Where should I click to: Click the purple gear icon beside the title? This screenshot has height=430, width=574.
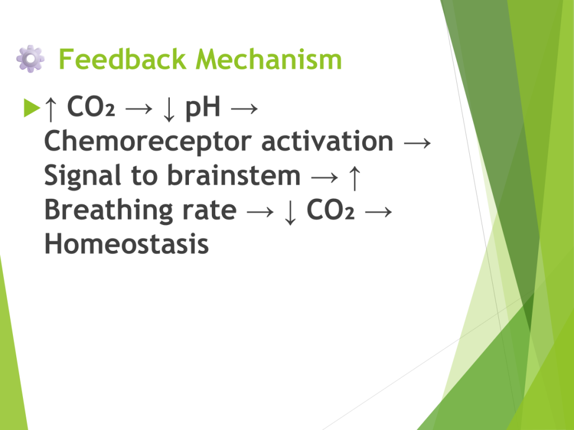[30, 58]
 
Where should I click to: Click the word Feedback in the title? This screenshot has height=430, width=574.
[122, 59]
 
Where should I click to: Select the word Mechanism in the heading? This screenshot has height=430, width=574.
[269, 59]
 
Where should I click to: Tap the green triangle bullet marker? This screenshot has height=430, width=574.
[31, 107]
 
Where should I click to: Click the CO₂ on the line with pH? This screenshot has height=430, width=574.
[91, 106]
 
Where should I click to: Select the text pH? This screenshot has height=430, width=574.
[203, 108]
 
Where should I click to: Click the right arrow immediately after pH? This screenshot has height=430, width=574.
[244, 108]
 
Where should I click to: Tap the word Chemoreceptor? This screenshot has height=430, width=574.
[148, 142]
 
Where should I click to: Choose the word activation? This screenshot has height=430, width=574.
[327, 141]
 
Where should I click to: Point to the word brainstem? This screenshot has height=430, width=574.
[234, 175]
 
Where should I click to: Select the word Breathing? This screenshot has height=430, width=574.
[108, 211]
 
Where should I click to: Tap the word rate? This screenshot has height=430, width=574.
[210, 211]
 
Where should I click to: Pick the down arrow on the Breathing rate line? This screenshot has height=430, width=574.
[290, 212]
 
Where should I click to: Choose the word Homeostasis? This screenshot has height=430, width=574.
[126, 244]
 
